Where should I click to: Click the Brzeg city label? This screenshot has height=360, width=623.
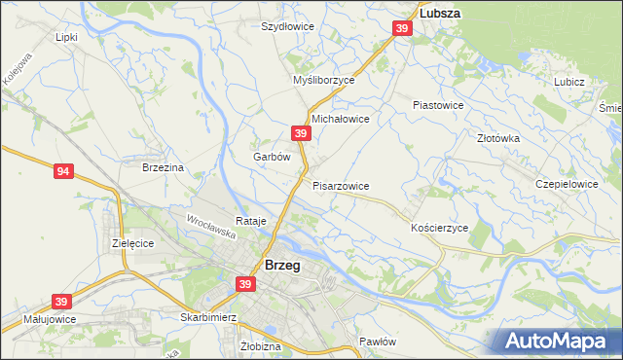281,265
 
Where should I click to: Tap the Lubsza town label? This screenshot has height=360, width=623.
439,15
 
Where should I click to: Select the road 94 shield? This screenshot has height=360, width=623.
63,172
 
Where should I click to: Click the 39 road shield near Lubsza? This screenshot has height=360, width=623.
402,30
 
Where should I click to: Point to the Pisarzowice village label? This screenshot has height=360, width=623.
341,185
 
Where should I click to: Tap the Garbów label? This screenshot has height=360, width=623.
272,157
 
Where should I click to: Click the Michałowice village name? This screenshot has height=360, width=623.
340,119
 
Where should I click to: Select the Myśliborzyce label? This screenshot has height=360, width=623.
324,81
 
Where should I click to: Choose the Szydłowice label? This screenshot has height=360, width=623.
287,26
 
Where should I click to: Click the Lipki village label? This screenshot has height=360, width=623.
66,37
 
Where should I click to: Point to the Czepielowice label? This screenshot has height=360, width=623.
567,183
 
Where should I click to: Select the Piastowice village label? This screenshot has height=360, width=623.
438,104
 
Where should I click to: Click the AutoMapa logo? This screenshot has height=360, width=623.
558,342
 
